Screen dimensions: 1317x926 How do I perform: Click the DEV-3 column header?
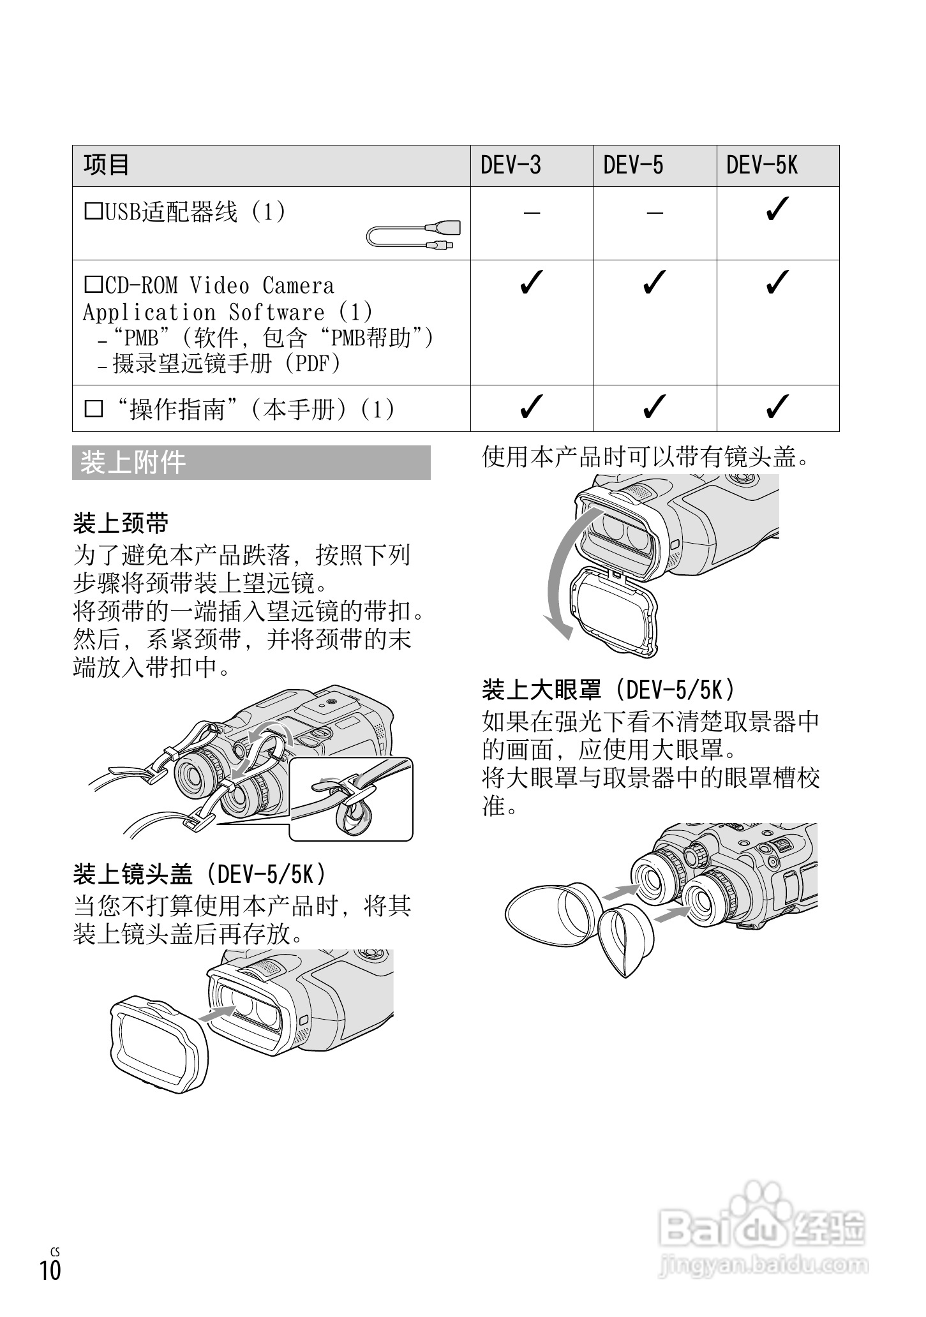511,166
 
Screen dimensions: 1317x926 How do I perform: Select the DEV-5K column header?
762,166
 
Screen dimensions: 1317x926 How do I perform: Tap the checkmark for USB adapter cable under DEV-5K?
777,209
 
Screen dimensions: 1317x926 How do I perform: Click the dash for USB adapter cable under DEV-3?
532,212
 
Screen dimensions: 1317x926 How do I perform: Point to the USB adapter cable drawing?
414,236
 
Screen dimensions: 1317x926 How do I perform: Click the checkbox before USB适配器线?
93,211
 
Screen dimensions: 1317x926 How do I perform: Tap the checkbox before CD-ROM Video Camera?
93,284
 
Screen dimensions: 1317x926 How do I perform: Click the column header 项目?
107,165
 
